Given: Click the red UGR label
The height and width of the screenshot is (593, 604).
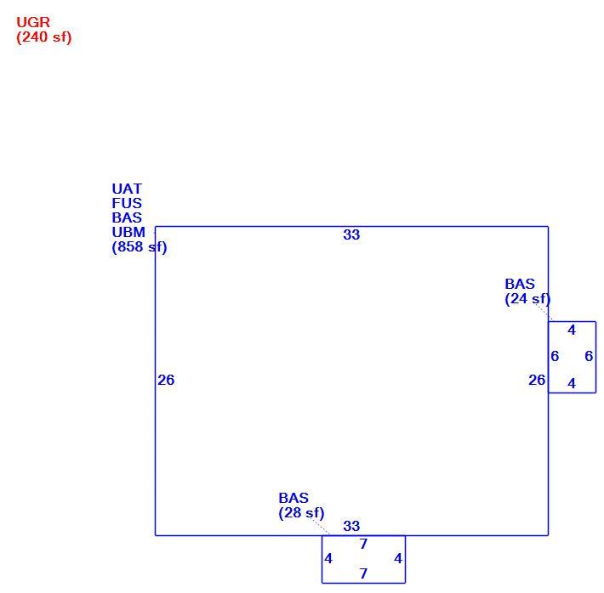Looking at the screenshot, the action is [33, 22].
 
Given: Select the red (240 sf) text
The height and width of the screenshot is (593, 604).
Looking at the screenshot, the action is [44, 37].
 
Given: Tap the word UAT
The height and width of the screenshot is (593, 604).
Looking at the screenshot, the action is [127, 189].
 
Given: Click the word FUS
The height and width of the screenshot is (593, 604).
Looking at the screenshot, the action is [127, 203].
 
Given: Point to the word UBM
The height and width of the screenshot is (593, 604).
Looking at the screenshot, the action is [128, 233].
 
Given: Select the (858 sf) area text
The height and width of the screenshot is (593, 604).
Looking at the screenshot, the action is [140, 247].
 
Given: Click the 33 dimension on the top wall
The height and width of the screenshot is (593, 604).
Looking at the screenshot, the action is [351, 234].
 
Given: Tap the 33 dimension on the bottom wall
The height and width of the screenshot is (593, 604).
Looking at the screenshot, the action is [351, 526].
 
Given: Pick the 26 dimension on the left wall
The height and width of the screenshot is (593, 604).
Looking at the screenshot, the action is [166, 381].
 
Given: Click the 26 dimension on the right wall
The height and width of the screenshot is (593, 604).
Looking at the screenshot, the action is [537, 381].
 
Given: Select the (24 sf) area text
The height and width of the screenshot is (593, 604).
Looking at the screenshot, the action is [527, 299].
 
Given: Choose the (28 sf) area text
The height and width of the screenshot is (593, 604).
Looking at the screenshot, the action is [301, 513].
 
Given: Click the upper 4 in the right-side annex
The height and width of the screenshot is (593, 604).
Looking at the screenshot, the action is [572, 330].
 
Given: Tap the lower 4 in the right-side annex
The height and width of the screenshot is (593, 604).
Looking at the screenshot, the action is [572, 384].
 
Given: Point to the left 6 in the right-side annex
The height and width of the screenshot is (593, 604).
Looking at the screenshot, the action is [555, 356].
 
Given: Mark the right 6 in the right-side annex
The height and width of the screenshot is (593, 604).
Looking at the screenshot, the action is [589, 356].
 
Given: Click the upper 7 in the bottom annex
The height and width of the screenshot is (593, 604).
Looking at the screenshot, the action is [363, 544].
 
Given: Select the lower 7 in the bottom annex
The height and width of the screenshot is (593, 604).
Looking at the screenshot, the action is [363, 573].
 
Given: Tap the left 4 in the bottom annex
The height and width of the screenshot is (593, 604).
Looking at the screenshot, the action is [328, 559].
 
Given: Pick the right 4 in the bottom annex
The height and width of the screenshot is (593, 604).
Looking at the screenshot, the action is [398, 559].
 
